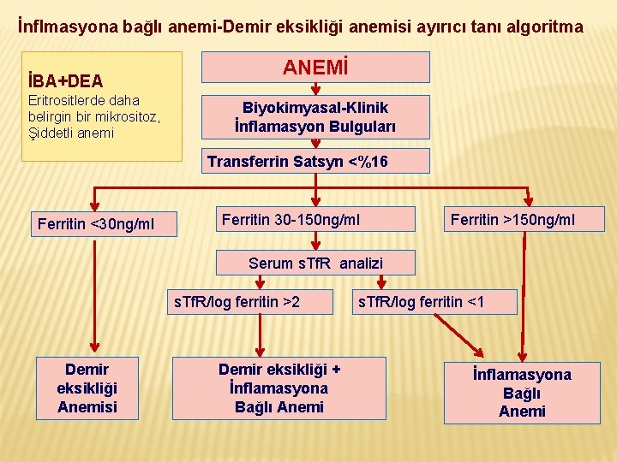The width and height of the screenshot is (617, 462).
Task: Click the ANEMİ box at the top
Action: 315,67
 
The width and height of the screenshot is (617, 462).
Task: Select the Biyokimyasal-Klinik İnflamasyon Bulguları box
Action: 315,117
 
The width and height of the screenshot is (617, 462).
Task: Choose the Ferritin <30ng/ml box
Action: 96,224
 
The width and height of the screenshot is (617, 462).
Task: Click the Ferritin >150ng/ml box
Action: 512,220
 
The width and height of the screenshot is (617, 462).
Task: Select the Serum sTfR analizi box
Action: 315,264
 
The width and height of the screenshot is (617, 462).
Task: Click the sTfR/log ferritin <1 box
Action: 435,302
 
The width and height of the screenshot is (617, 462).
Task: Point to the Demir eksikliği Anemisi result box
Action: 87,388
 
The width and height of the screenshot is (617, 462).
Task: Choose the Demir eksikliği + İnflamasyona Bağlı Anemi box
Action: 279,388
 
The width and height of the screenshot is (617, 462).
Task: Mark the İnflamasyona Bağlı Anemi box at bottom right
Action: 522,393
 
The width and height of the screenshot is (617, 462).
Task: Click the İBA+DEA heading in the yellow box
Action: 66,81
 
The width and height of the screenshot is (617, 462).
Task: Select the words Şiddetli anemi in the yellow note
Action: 71,133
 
